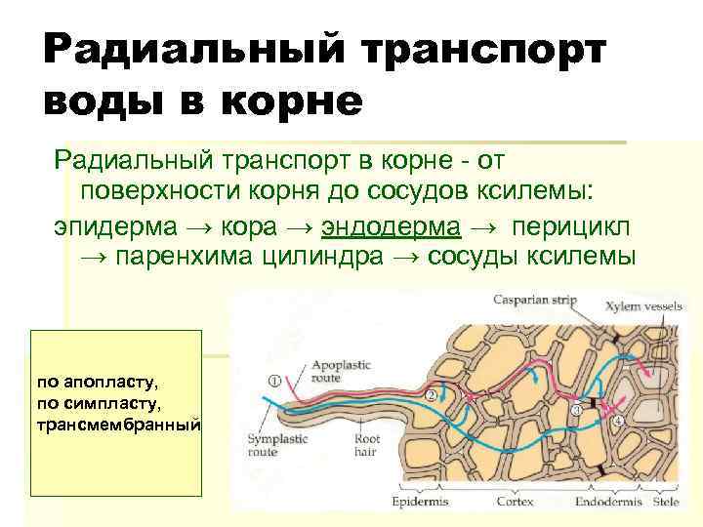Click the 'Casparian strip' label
click(x=534, y=300)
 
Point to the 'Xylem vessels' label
click(x=643, y=305)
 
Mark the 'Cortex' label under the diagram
click(x=515, y=502)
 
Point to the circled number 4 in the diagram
click(x=618, y=422)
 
